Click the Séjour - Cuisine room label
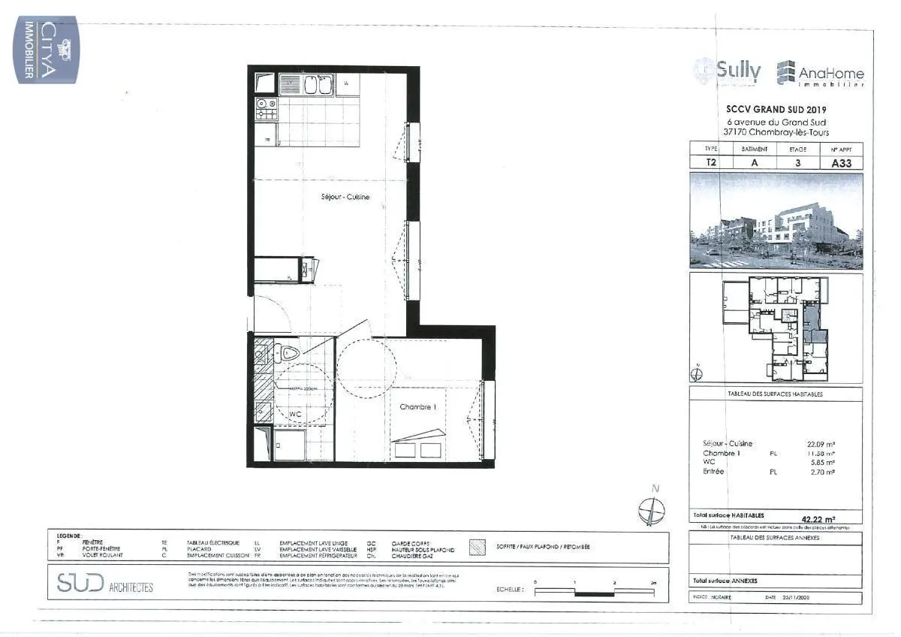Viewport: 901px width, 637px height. (x=341, y=197)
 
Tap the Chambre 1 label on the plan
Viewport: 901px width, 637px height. (x=417, y=407)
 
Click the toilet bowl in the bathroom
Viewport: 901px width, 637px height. (x=288, y=351)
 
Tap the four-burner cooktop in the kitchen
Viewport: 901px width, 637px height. (x=266, y=110)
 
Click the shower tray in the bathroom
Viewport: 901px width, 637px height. (x=289, y=444)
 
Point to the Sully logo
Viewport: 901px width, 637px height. (x=728, y=72)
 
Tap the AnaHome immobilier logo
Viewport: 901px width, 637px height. (x=820, y=74)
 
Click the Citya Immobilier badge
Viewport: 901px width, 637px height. (x=47, y=51)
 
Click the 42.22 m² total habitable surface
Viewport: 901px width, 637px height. (x=818, y=518)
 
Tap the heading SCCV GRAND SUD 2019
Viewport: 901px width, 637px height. (x=776, y=110)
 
